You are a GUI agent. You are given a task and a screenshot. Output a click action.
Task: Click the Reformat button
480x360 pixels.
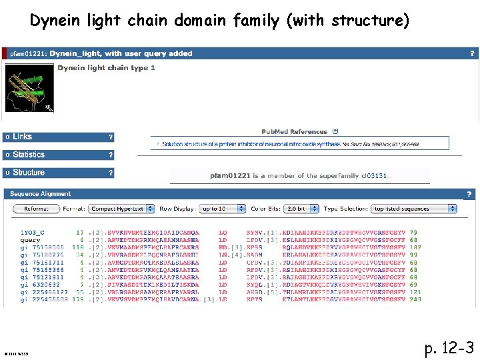[36, 209]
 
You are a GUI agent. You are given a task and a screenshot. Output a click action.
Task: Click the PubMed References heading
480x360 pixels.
[294, 132]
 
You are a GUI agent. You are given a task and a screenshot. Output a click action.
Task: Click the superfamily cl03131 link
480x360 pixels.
[375, 176]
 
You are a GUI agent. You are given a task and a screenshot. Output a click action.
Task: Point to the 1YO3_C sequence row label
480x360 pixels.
[33, 233]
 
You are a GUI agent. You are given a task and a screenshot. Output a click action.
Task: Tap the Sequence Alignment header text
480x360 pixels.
[41, 194]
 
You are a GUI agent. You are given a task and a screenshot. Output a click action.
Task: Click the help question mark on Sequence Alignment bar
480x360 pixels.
[469, 194]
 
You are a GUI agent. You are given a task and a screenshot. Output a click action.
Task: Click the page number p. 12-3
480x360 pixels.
[449, 347]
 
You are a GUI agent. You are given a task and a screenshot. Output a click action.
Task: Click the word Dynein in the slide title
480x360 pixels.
[56, 21]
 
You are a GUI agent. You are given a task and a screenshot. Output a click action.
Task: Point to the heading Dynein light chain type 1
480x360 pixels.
[107, 68]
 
